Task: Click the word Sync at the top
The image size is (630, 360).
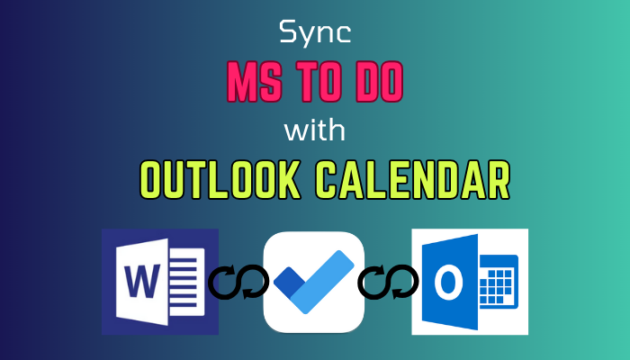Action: (314, 35)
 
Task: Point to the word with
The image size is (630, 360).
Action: (315, 132)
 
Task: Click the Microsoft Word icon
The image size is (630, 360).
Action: (160, 281)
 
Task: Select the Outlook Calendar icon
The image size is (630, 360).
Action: (469, 281)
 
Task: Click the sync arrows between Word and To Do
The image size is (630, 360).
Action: (238, 282)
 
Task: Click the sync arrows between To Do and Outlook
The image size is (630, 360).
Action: (388, 282)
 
